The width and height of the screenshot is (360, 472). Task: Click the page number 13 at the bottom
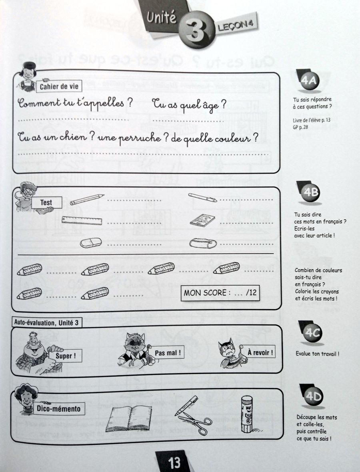coord(175,463)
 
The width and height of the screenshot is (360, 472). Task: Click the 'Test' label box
coord(46,202)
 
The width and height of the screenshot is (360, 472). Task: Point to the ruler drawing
coord(82,220)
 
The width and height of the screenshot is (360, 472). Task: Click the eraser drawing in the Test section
coord(91,242)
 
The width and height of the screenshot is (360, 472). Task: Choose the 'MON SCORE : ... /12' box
coord(220,293)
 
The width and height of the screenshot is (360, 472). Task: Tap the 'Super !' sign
coord(66,356)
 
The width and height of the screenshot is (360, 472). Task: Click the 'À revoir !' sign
coord(260,352)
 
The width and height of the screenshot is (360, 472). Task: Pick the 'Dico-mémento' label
coord(58,409)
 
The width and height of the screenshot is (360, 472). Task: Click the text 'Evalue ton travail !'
coord(318,354)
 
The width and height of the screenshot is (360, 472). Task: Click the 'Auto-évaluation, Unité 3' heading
coord(46,322)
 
